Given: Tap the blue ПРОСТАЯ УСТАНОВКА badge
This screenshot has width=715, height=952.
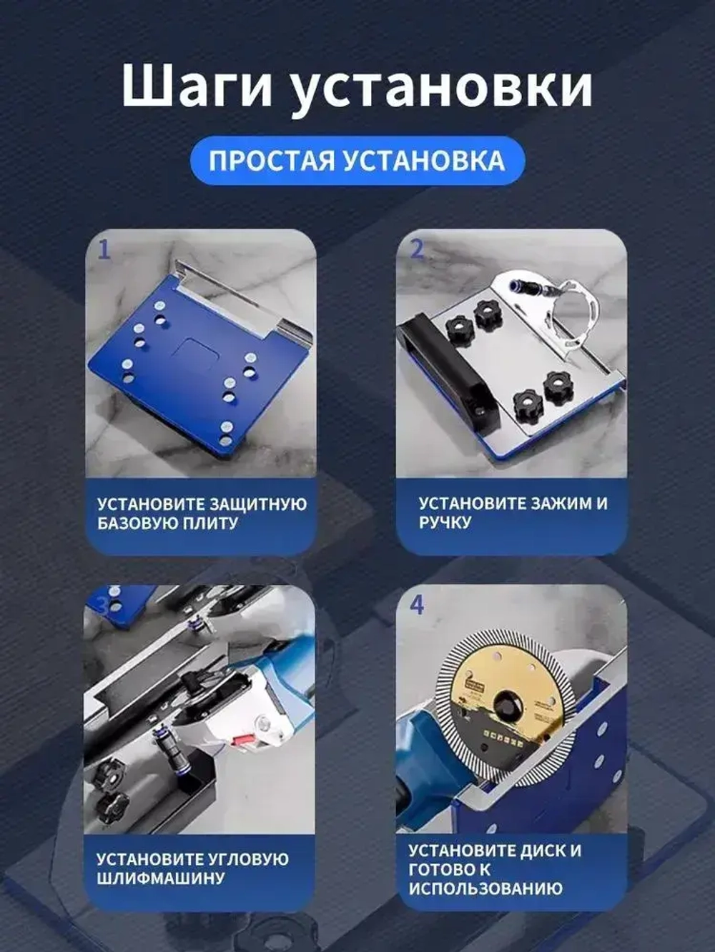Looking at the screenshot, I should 357,161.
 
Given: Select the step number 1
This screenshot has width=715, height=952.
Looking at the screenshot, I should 105,250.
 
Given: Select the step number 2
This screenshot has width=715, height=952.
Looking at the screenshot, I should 417,249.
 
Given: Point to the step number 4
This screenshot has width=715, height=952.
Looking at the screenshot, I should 417,606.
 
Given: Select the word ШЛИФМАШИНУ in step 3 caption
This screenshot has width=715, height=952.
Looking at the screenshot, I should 161,878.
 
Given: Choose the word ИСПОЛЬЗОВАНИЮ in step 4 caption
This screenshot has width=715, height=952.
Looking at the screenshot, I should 485,889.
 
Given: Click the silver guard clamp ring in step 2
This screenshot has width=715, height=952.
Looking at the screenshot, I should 572,314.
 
